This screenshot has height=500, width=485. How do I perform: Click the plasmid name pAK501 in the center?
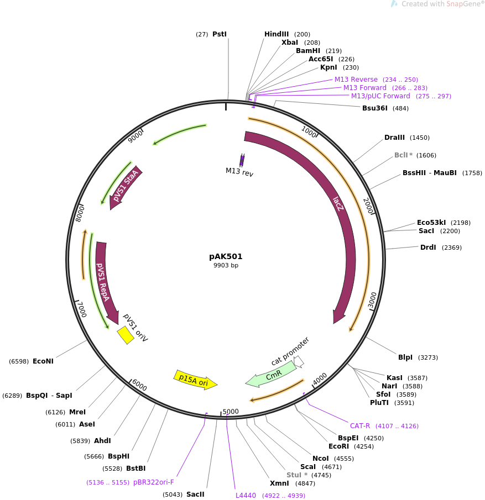(226, 256)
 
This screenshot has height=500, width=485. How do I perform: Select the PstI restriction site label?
(220, 34)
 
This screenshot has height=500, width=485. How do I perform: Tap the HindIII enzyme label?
(277, 34)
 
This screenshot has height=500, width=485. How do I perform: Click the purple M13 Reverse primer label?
(356, 80)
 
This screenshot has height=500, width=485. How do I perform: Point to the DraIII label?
(394, 138)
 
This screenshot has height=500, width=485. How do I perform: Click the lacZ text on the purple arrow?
(338, 204)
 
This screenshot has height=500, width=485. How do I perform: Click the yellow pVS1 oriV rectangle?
(126, 335)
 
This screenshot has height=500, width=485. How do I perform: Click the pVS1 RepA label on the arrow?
(103, 282)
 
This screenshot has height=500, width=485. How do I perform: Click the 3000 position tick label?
(373, 301)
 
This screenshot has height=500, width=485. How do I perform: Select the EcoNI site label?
(43, 361)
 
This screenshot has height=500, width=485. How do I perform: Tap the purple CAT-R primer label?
(360, 426)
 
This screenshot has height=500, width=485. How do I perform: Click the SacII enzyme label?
(195, 494)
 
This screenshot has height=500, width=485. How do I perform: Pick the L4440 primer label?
(246, 496)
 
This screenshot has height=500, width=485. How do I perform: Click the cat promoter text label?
(290, 351)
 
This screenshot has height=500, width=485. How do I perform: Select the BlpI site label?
(405, 357)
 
